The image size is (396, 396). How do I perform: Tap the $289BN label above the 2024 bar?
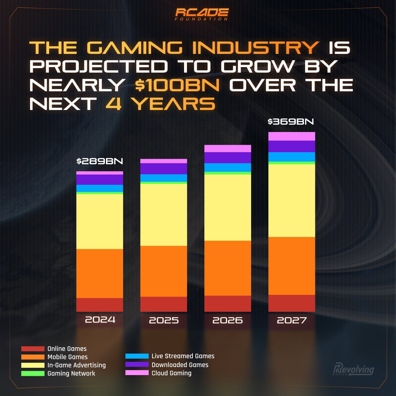(99, 161)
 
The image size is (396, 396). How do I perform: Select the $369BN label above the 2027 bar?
(291, 122)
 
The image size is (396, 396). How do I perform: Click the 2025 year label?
(164, 320)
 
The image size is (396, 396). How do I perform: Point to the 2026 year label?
(227, 320)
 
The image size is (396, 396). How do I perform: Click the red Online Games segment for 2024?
(99, 305)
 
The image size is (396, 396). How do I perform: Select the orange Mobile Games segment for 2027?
(291, 266)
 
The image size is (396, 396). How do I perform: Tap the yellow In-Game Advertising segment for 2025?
(164, 214)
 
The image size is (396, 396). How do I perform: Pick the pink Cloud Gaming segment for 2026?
(227, 148)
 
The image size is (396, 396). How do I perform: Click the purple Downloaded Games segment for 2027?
(291, 146)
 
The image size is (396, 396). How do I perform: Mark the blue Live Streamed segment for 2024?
(99, 188)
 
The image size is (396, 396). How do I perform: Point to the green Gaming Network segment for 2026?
(227, 173)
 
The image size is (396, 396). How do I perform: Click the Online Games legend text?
(67, 349)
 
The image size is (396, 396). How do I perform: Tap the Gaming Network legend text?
(71, 373)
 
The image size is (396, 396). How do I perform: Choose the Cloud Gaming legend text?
(171, 373)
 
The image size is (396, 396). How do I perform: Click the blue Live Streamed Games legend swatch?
(136, 356)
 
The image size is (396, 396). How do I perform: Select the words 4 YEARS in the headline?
(160, 104)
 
